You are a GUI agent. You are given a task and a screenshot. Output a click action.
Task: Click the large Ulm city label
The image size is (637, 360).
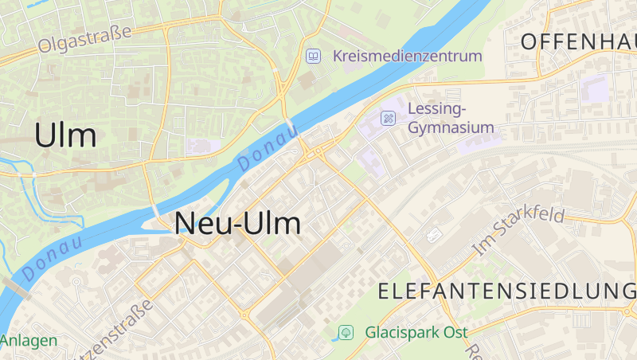pyautogui.click(x=65, y=135)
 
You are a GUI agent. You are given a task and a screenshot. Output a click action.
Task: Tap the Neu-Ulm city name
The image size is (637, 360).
pyautogui.click(x=238, y=224)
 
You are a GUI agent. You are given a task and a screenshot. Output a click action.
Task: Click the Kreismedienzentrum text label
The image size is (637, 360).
pyautogui.click(x=408, y=56)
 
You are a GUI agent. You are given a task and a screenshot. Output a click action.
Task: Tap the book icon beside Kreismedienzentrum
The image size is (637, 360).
pyautogui.click(x=314, y=56)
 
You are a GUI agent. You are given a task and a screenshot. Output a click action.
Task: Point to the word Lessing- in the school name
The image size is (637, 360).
pyautogui.click(x=436, y=109)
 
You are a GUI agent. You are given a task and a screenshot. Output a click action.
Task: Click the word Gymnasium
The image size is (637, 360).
pyautogui.click(x=451, y=127)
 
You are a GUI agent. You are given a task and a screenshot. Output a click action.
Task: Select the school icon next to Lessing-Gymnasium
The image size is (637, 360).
pyautogui.click(x=388, y=118)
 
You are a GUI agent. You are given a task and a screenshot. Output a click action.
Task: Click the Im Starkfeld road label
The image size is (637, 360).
pyautogui.click(x=518, y=231)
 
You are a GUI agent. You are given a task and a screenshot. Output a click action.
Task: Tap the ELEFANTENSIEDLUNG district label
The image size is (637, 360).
pyautogui.click(x=507, y=291)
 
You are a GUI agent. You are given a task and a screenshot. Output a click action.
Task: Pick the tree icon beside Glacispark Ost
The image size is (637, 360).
pyautogui.click(x=346, y=332)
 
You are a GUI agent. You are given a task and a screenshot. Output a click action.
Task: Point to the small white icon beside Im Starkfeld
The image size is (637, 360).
pyautogui.click(x=435, y=235)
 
